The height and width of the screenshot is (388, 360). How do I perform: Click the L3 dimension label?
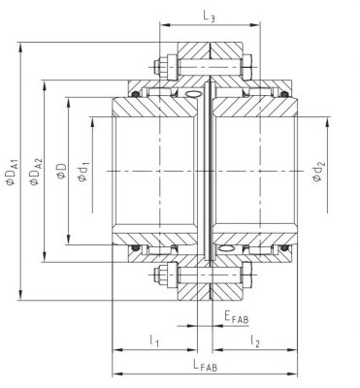209,16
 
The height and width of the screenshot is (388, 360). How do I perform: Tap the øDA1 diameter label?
13,172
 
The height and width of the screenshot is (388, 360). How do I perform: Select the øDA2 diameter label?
36,172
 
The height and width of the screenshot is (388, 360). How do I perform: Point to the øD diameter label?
61,171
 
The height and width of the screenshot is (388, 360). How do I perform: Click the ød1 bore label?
83,172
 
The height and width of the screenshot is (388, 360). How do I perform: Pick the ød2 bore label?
318,172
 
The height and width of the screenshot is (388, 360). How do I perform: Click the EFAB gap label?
237,317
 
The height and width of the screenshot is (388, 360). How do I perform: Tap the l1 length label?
154,340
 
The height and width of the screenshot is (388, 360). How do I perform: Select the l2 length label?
255,340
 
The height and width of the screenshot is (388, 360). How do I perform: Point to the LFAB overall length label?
206,365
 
